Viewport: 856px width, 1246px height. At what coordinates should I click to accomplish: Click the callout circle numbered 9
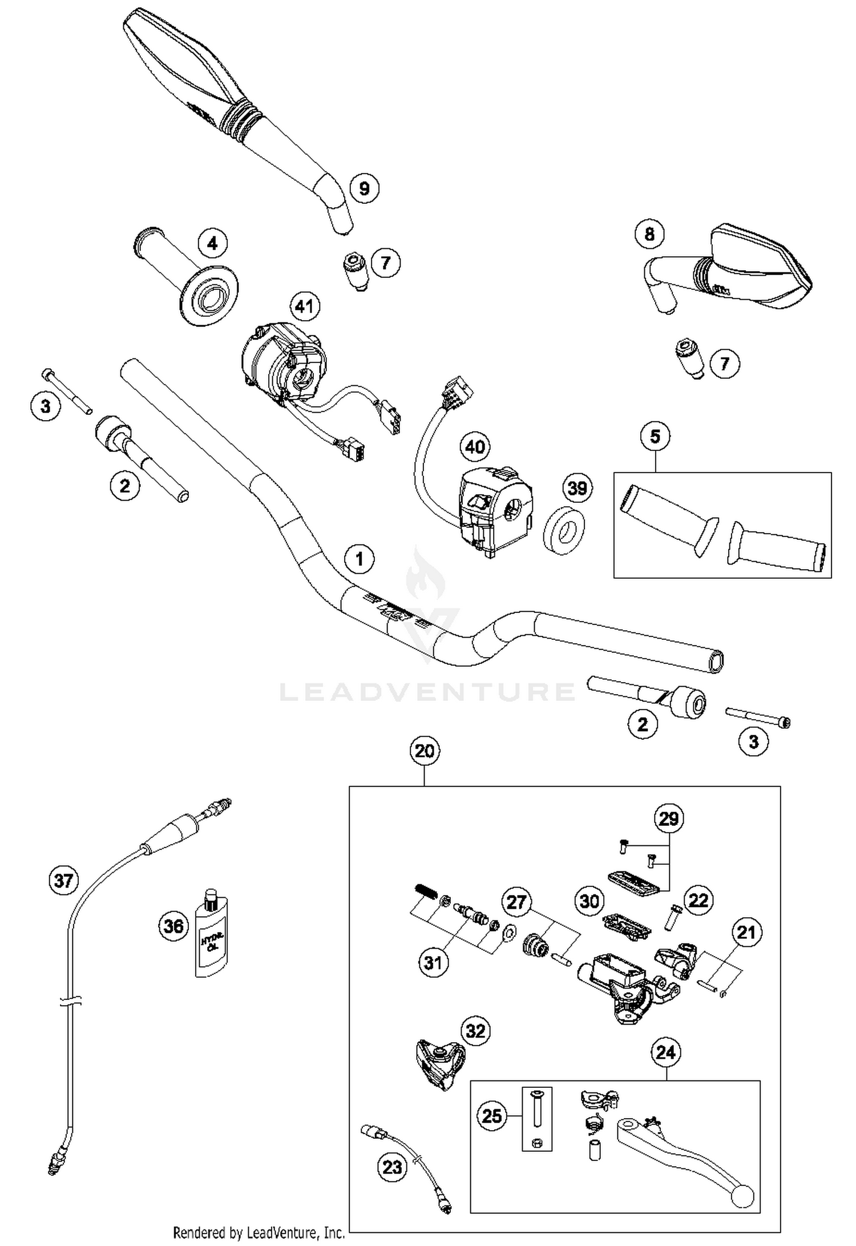coord(364,188)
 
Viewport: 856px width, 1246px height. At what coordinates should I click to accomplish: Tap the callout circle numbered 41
coord(304,307)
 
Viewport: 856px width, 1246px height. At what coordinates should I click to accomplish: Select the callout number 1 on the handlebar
coord(359,558)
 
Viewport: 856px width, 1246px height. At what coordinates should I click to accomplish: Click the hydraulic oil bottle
coord(212,932)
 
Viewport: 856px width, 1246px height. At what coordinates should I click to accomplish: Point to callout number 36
coord(173,925)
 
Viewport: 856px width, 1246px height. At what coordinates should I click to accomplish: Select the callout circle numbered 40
coord(475,446)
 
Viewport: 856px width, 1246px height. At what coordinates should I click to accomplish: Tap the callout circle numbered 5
coord(655,437)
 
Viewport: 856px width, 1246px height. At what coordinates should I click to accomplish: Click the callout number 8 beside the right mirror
coord(649,233)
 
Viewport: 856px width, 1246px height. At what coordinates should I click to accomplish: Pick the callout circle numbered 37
coord(63,880)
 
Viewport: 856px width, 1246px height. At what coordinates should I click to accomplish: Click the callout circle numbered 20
coord(425,751)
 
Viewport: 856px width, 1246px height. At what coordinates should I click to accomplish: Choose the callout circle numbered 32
coord(475,1031)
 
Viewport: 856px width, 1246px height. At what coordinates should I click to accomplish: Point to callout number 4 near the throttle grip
coord(212,244)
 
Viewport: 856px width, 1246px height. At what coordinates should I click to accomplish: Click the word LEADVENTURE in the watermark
coord(427,692)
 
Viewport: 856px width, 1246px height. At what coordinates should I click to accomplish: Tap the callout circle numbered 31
coord(433,963)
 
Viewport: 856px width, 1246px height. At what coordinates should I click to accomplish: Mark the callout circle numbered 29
coord(668,818)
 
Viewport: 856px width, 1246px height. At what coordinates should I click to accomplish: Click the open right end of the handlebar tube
coord(716,662)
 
